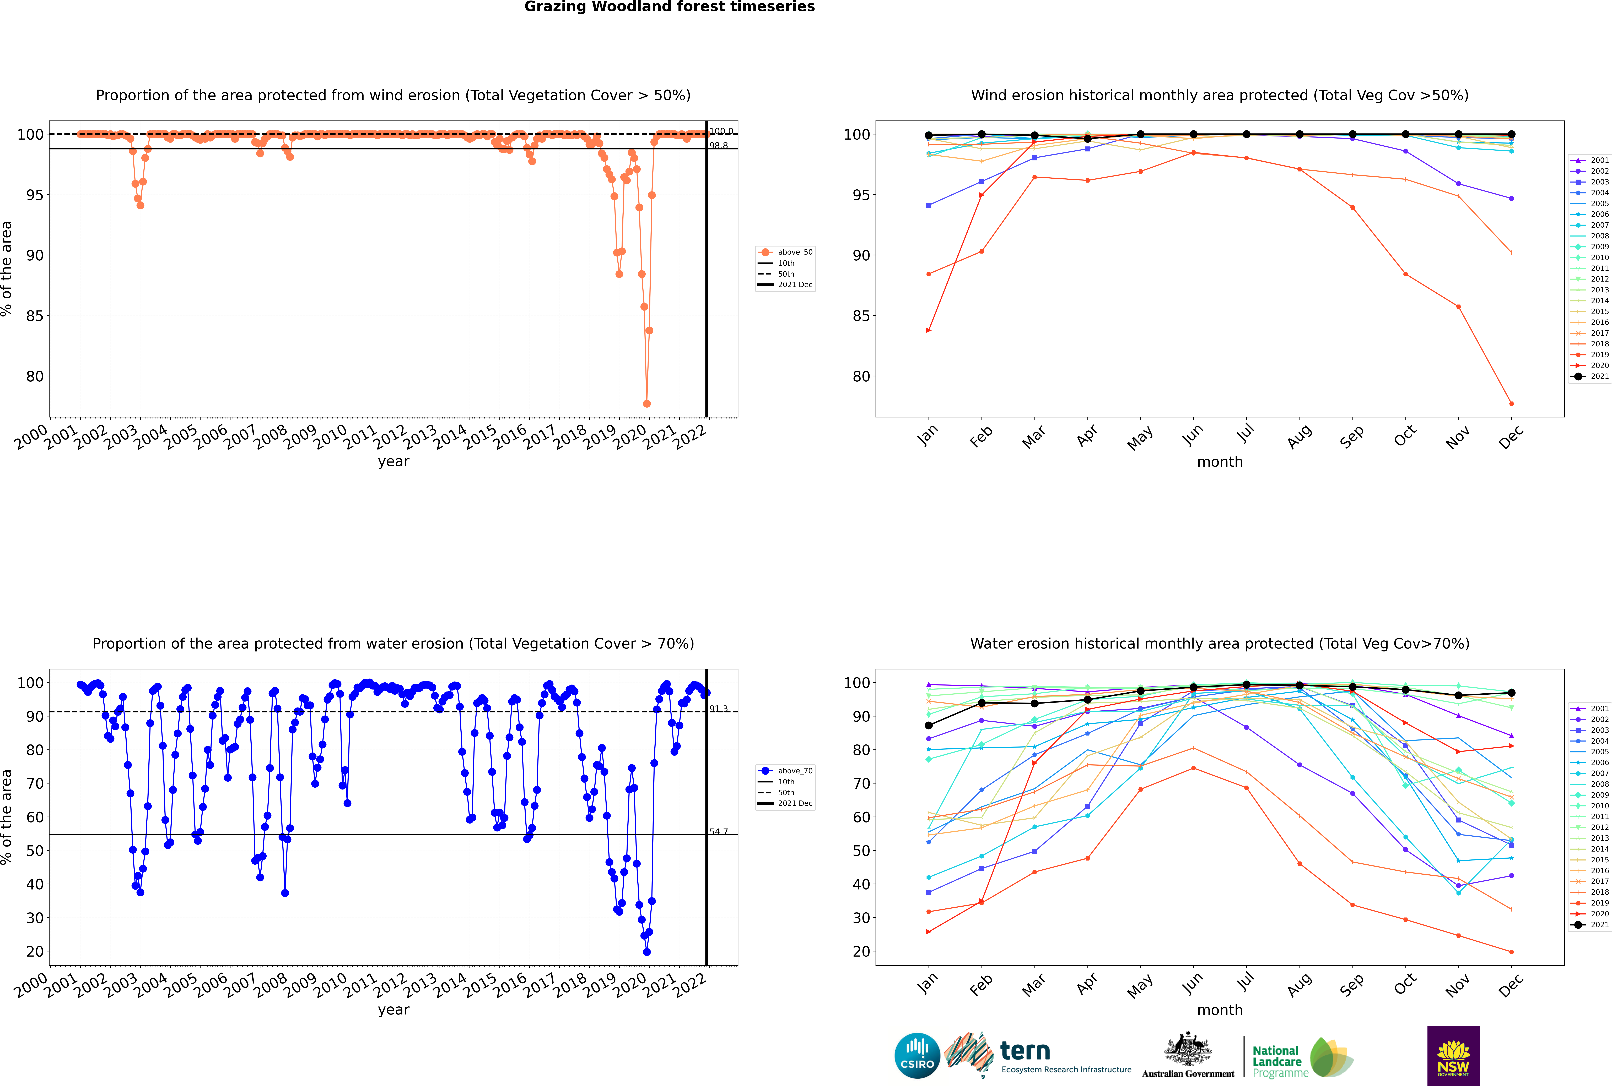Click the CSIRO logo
pos(917,1056)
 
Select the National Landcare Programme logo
pos(1302,1058)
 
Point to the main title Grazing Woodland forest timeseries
pos(670,7)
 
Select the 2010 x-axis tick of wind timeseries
pos(330,436)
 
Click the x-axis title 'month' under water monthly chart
pos(1220,1010)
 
